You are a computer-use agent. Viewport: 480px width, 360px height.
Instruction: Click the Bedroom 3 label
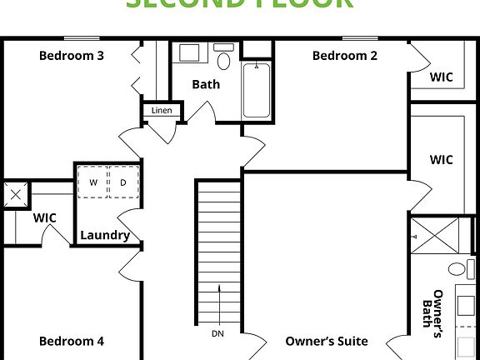click(x=72, y=56)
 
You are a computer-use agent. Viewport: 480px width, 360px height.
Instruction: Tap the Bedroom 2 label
click(x=345, y=56)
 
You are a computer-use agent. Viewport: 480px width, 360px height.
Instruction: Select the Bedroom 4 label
click(x=72, y=341)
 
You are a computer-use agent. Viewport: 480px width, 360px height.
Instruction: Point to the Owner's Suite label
click(x=327, y=341)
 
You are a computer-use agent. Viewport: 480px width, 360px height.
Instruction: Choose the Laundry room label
click(x=104, y=235)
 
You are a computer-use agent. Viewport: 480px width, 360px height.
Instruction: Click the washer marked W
click(x=93, y=182)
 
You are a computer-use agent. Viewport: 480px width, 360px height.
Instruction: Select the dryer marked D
click(x=122, y=182)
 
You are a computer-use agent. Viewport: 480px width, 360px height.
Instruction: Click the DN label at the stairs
click(x=217, y=334)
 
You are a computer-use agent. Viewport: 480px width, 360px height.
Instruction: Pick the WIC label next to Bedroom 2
click(x=441, y=77)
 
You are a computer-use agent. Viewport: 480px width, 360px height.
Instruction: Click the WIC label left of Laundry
click(x=45, y=217)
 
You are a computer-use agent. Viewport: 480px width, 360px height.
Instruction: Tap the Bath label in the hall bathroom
click(x=206, y=84)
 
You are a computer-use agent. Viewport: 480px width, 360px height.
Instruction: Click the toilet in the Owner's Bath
click(x=457, y=269)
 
